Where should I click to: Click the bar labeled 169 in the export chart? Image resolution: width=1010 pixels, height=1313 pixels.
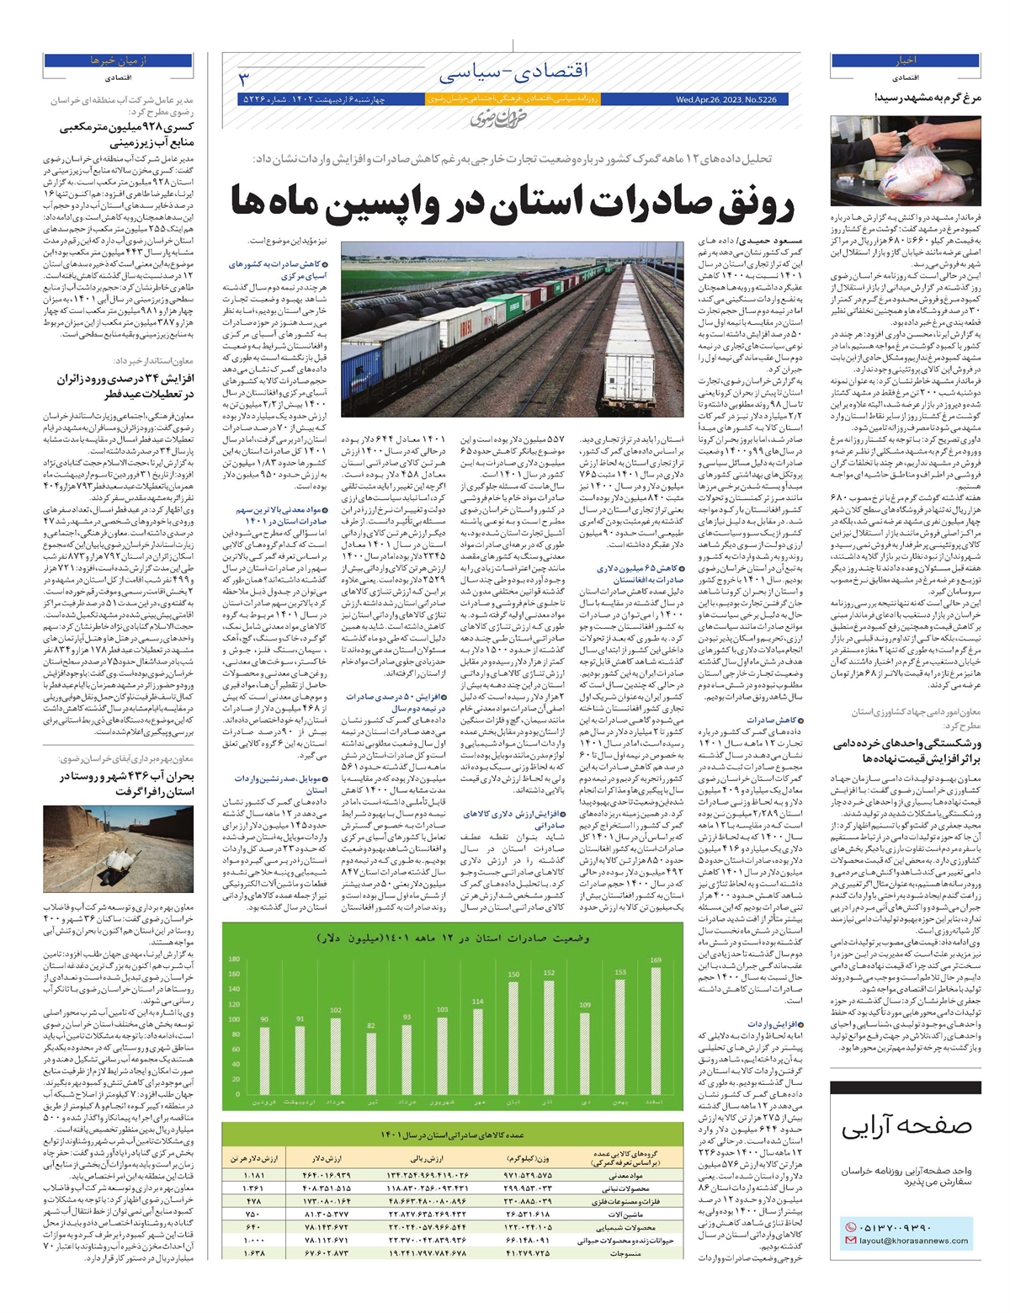[x=656, y=1031]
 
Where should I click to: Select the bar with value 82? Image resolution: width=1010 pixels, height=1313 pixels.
[x=371, y=1064]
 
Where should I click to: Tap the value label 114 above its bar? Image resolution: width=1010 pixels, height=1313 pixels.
[x=478, y=1002]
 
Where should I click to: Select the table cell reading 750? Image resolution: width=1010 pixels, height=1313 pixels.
[x=254, y=1213]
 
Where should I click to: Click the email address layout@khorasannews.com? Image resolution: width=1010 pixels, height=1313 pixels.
[x=913, y=1241]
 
